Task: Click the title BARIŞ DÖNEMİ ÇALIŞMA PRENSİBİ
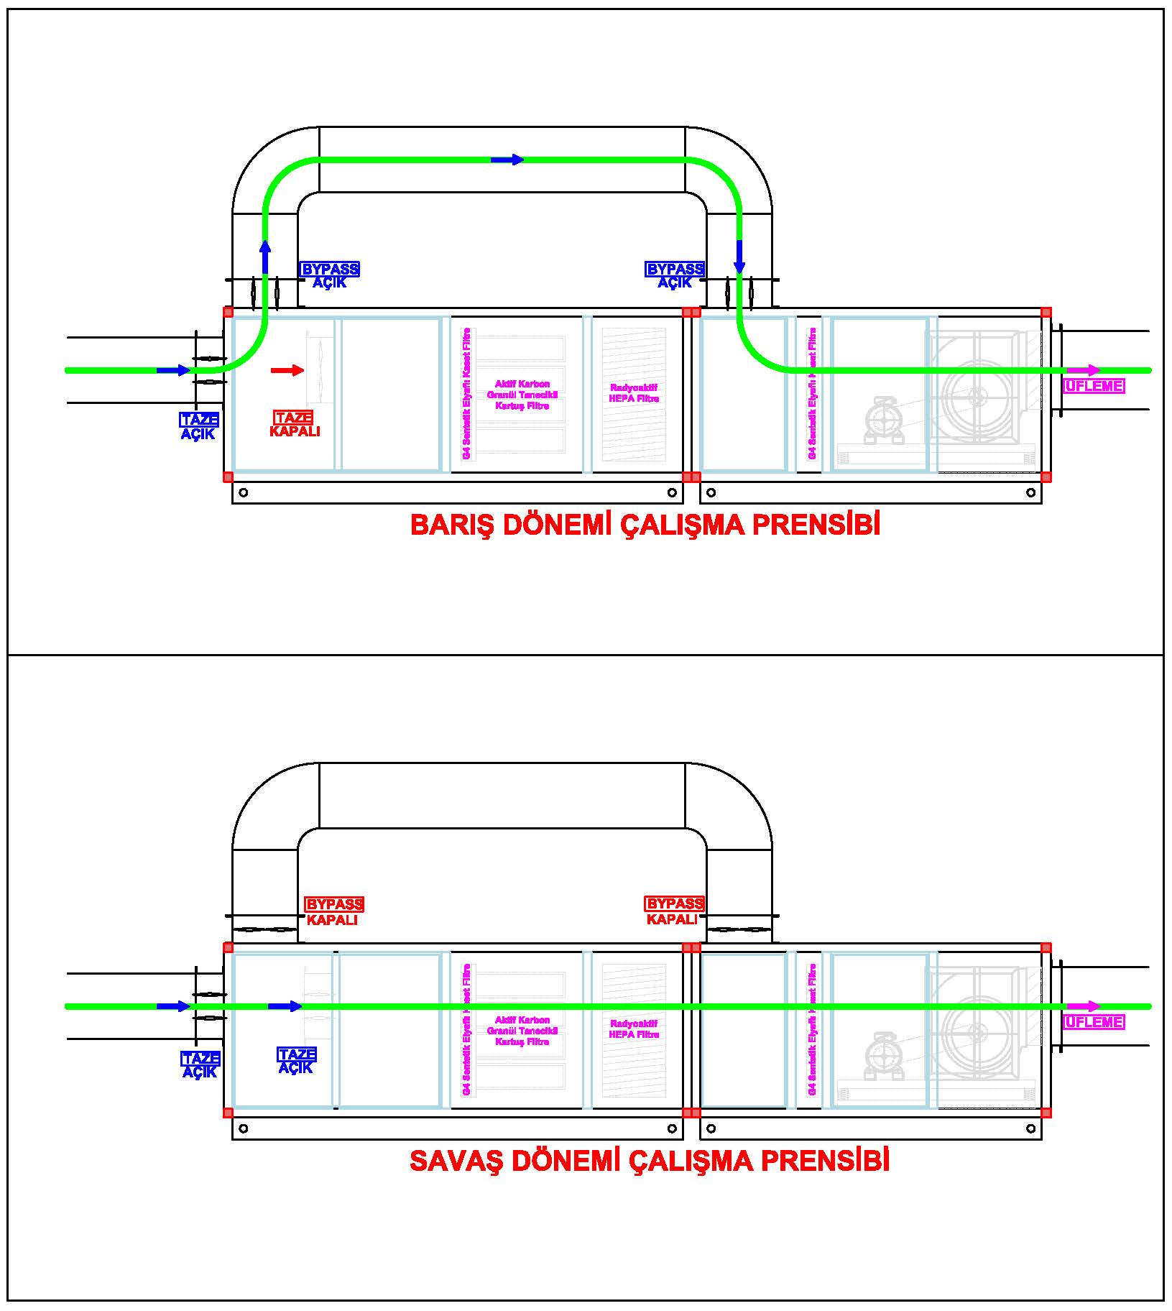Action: (645, 525)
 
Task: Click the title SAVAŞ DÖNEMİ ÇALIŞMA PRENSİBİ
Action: (649, 1161)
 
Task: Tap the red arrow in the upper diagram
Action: (287, 370)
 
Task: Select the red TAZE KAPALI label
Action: (294, 424)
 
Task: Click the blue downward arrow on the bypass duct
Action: (739, 257)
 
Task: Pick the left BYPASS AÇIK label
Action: (330, 275)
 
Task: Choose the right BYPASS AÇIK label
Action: (675, 275)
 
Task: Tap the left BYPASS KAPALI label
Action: (333, 911)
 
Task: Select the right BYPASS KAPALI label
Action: (674, 911)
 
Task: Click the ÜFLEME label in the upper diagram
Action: (1094, 386)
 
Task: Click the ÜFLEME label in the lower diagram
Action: (1094, 1021)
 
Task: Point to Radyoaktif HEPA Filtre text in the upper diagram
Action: (633, 393)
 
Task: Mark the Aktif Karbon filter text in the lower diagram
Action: (522, 1031)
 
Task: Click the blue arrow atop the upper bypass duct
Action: (508, 160)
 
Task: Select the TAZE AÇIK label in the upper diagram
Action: (199, 426)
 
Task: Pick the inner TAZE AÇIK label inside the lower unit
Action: (296, 1061)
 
